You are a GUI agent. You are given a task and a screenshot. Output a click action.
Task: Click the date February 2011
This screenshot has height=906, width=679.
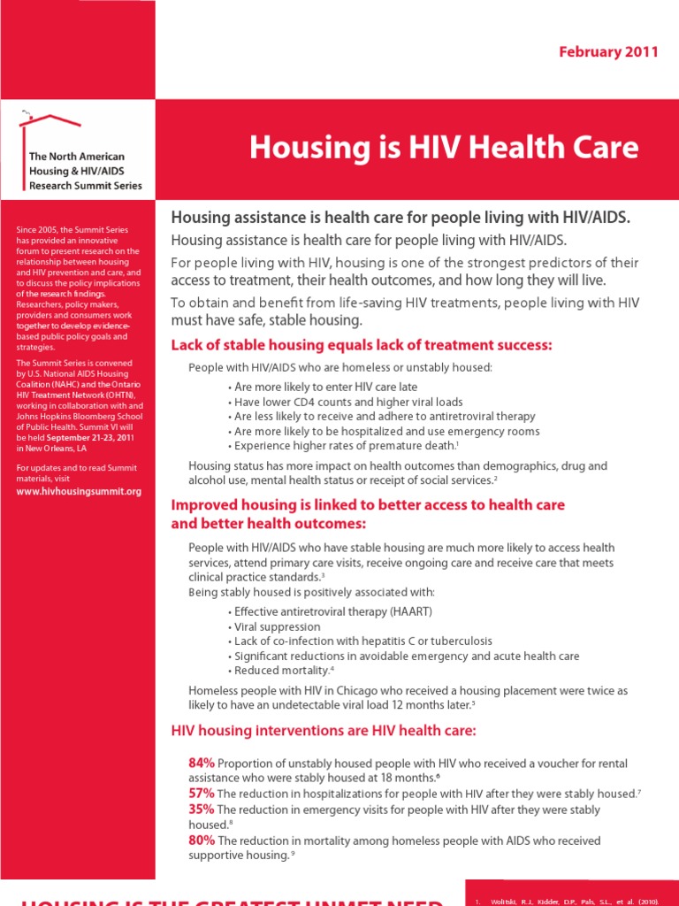click(x=608, y=51)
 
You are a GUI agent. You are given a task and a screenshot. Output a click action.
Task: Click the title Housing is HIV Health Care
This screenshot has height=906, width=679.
click(x=443, y=147)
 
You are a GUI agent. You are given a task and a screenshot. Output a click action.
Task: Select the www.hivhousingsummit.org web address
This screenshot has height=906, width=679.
click(x=79, y=491)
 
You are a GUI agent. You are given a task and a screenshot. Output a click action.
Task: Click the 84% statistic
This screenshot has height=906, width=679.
click(x=202, y=763)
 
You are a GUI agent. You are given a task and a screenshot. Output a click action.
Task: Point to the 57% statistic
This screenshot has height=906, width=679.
click(x=202, y=793)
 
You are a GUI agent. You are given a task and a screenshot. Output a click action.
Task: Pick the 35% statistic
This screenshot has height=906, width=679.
click(x=202, y=809)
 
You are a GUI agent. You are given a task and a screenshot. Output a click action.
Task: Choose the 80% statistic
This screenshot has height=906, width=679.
click(x=202, y=840)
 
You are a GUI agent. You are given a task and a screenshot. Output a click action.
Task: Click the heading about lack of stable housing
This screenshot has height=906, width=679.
click(x=361, y=345)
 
